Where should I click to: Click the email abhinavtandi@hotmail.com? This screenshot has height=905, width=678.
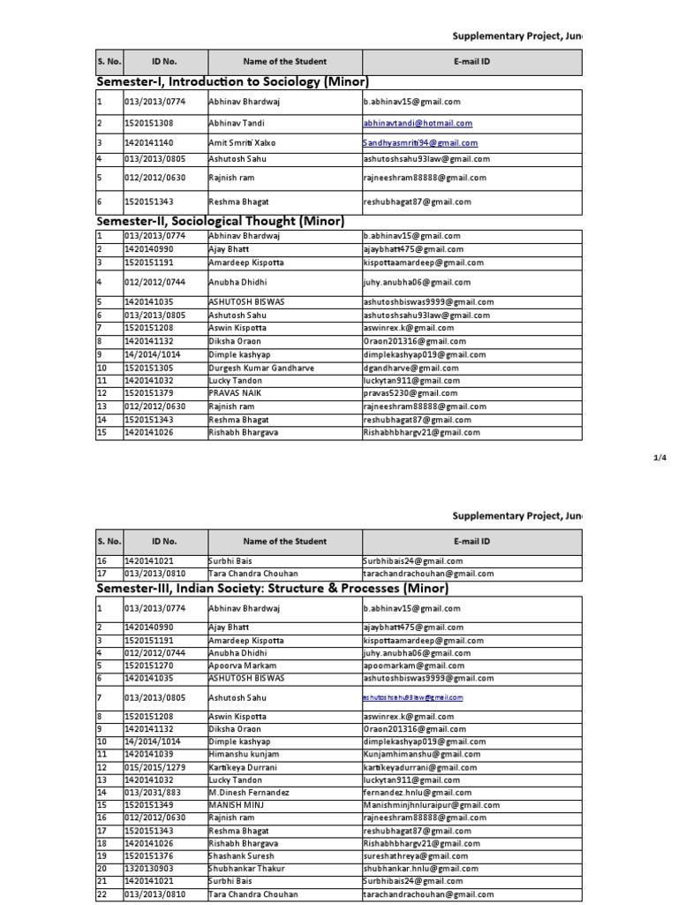pyautogui.click(x=417, y=124)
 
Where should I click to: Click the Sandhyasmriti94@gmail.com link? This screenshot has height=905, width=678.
pyautogui.click(x=420, y=142)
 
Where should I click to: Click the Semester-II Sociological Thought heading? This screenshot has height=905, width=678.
pyautogui.click(x=219, y=221)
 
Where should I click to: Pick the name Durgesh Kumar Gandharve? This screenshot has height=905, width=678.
pyautogui.click(x=255, y=368)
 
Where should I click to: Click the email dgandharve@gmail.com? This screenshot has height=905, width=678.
pyautogui.click(x=411, y=368)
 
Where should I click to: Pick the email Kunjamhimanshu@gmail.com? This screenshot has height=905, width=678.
pyautogui.click(x=421, y=754)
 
